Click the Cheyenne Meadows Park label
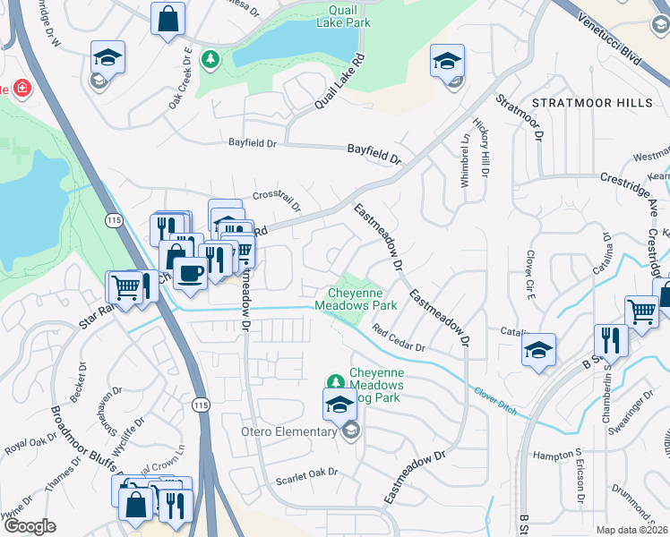(x=356, y=299)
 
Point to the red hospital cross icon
(x=19, y=89)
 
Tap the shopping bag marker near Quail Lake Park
(x=167, y=18)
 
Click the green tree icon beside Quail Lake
(x=211, y=59)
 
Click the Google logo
(x=30, y=526)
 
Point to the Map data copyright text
(x=631, y=530)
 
